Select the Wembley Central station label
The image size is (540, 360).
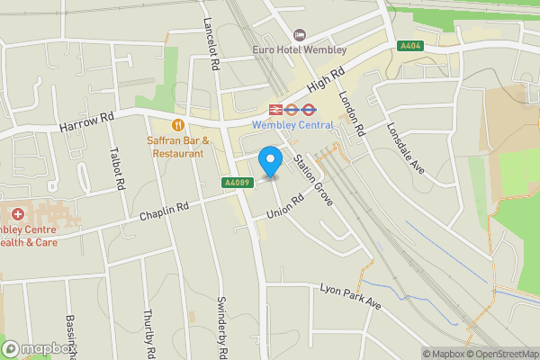tap(292, 125)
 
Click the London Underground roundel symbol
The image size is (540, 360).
tap(306, 109)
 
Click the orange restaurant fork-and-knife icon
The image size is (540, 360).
tap(178, 123)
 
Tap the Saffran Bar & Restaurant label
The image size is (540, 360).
tap(178, 147)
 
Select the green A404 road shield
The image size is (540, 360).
tap(410, 45)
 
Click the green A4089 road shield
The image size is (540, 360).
tap(237, 183)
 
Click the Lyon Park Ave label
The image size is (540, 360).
tap(351, 298)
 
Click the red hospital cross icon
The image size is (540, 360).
tap(18, 215)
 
